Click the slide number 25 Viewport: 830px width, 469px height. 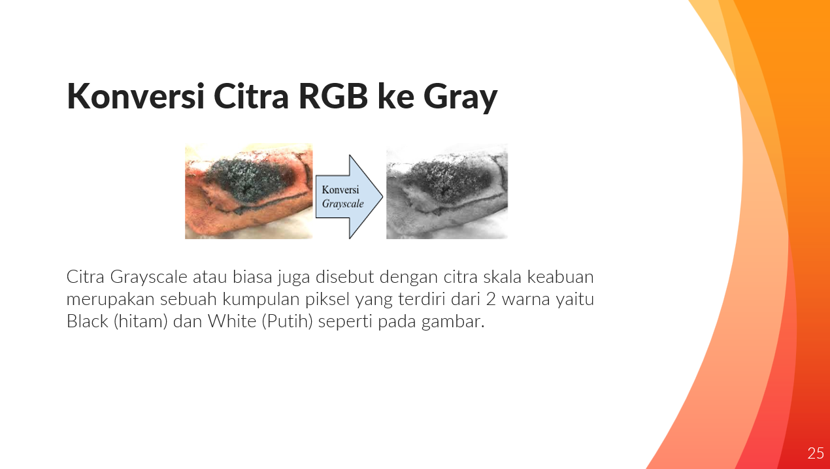pyautogui.click(x=815, y=453)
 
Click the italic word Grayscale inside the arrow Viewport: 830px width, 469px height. pyautogui.click(x=342, y=204)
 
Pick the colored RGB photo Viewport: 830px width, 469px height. pyautogui.click(x=248, y=191)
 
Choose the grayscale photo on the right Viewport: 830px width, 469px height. pyautogui.click(x=446, y=191)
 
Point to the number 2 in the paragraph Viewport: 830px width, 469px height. pyautogui.click(x=490, y=299)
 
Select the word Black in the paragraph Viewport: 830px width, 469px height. pyautogui.click(x=87, y=321)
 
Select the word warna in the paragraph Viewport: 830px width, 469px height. pyautogui.click(x=528, y=299)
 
